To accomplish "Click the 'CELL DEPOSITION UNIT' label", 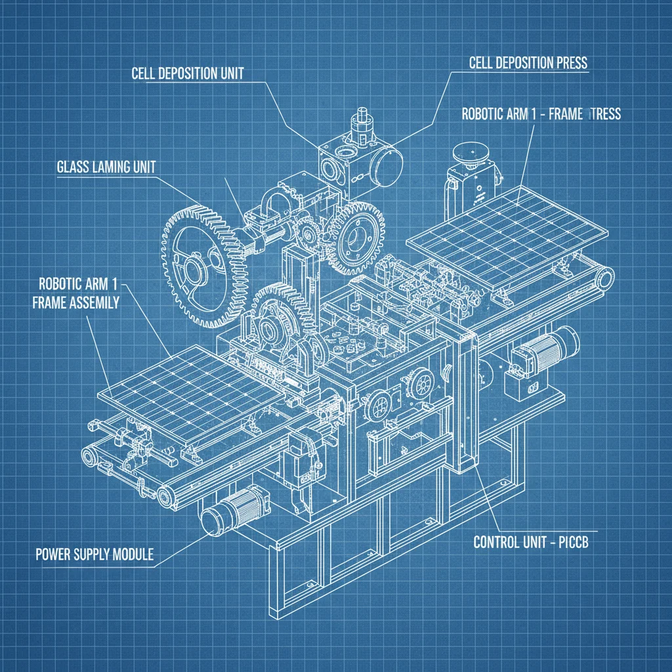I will point(187,73).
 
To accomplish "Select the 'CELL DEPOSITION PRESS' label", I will point(528,62).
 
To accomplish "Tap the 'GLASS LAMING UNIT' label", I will point(102,167).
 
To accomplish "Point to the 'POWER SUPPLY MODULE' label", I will point(94,555).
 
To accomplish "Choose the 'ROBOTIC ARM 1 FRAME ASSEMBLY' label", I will point(79,293).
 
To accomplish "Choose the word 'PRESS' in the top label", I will point(569,62).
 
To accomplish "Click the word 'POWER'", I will point(53,555).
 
